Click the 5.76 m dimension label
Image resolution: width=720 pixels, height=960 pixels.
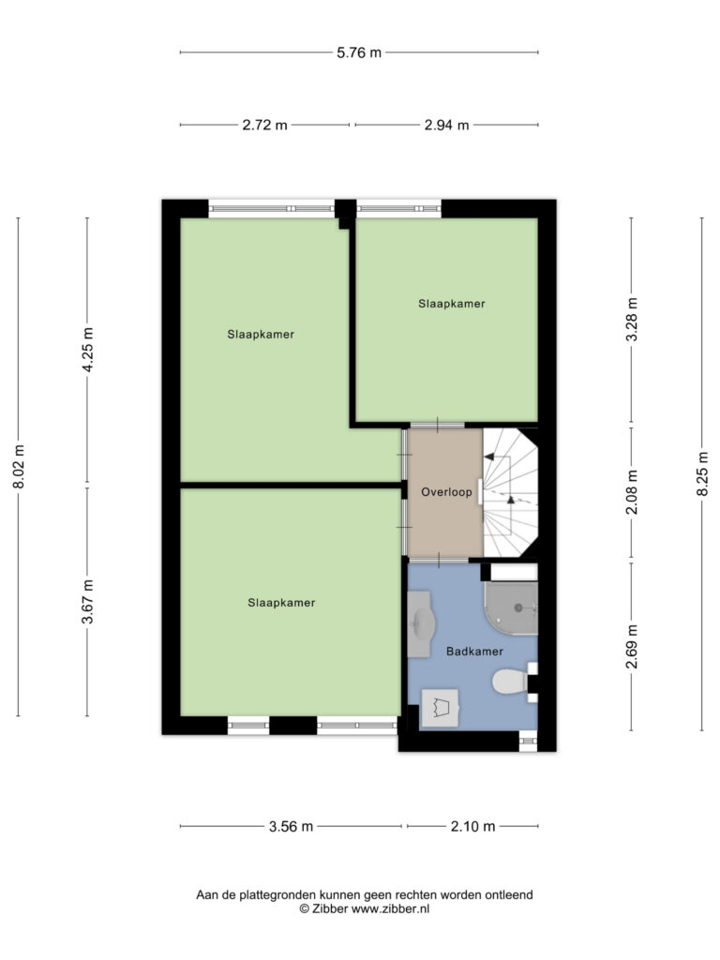tap(359, 52)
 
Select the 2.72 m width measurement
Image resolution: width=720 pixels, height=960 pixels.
tap(264, 125)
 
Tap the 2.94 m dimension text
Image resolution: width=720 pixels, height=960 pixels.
tap(446, 125)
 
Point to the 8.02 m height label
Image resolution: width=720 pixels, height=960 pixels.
tap(19, 467)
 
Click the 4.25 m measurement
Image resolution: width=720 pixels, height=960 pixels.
tap(87, 350)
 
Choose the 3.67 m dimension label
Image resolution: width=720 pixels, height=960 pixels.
tap(87, 601)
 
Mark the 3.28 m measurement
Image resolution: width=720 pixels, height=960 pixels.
tap(632, 320)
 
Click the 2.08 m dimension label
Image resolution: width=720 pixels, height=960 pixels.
tap(632, 491)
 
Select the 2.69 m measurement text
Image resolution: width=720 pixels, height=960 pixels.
tap(632, 647)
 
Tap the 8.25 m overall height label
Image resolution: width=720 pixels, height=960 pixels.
tap(703, 473)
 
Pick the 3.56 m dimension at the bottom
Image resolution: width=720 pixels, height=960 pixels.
tap(291, 827)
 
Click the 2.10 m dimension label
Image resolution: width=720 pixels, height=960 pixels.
tap(472, 827)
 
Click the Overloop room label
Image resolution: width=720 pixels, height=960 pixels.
tap(446, 491)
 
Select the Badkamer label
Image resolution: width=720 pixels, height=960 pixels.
tap(474, 652)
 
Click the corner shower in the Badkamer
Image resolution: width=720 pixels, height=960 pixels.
tap(511, 607)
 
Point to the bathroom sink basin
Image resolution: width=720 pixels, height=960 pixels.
tap(421, 623)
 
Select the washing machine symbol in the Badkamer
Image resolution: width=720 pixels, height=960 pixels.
tap(441, 708)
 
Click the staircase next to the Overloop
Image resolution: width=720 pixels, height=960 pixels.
tap(511, 493)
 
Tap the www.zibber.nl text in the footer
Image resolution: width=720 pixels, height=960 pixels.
tap(390, 909)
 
